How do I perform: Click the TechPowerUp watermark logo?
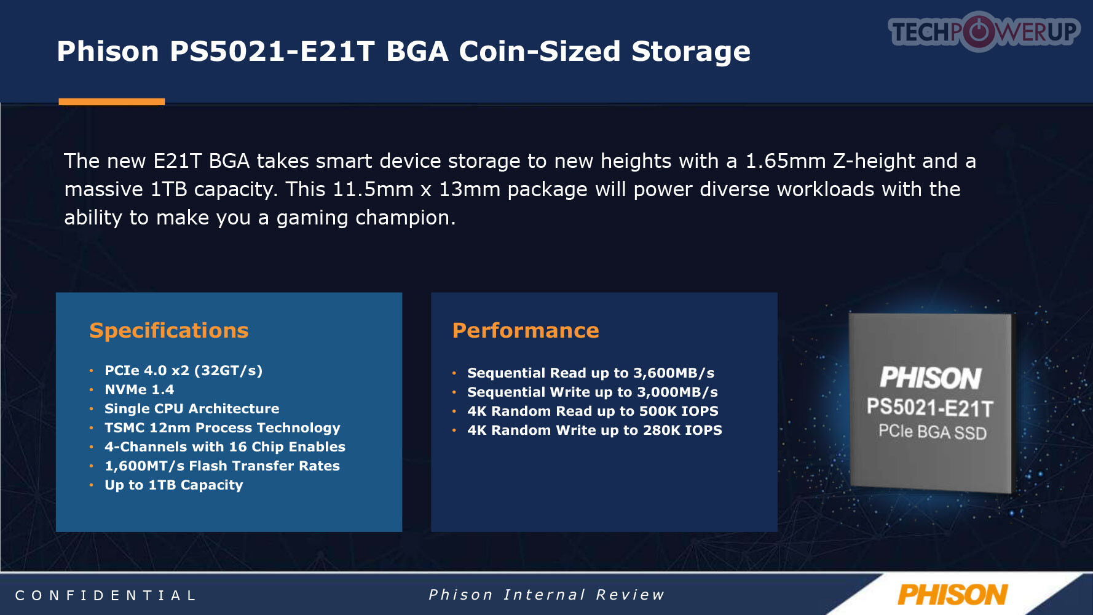[x=984, y=31]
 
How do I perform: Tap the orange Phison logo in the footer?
[x=952, y=595]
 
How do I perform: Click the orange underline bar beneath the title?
[x=112, y=101]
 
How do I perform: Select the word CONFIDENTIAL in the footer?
[x=105, y=595]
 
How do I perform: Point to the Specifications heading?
[x=169, y=331]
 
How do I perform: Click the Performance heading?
[x=526, y=330]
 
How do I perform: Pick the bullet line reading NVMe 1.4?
[x=140, y=389]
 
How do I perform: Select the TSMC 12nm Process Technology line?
[x=223, y=428]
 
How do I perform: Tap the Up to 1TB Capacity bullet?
[x=174, y=485]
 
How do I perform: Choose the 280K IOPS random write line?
[x=594, y=430]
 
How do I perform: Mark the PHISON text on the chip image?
[x=931, y=378]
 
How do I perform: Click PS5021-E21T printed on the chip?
[x=930, y=408]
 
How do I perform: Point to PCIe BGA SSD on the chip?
[x=933, y=432]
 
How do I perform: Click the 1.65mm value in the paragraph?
[x=786, y=161]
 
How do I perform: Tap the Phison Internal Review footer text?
[x=546, y=595]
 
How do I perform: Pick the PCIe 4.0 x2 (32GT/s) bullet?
[x=184, y=371]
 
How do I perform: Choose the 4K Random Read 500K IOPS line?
[x=593, y=411]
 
